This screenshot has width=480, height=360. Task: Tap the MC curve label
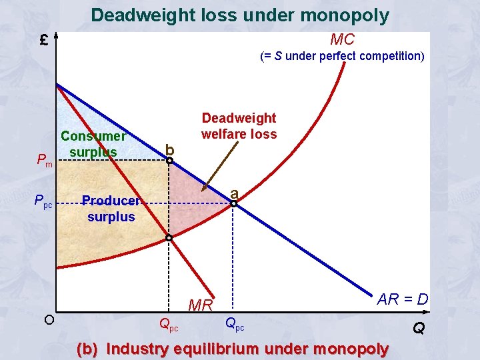coord(342,39)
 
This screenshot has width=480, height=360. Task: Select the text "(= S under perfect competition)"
coord(342,56)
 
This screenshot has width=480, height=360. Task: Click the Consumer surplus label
coord(93,144)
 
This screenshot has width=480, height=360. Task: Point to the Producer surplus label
coord(111,209)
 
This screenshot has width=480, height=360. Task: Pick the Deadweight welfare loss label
coord(239,126)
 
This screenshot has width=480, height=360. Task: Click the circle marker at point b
coord(169,161)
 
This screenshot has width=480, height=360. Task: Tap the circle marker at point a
coord(234,203)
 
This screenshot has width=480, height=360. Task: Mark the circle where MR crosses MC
coord(169,238)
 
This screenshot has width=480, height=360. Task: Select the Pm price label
coord(45,161)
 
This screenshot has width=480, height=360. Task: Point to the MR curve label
coord(201,305)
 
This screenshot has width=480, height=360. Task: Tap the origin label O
coord(49,319)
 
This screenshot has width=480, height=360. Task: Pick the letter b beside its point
coord(169,149)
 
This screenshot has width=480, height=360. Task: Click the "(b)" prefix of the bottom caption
coord(89,349)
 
